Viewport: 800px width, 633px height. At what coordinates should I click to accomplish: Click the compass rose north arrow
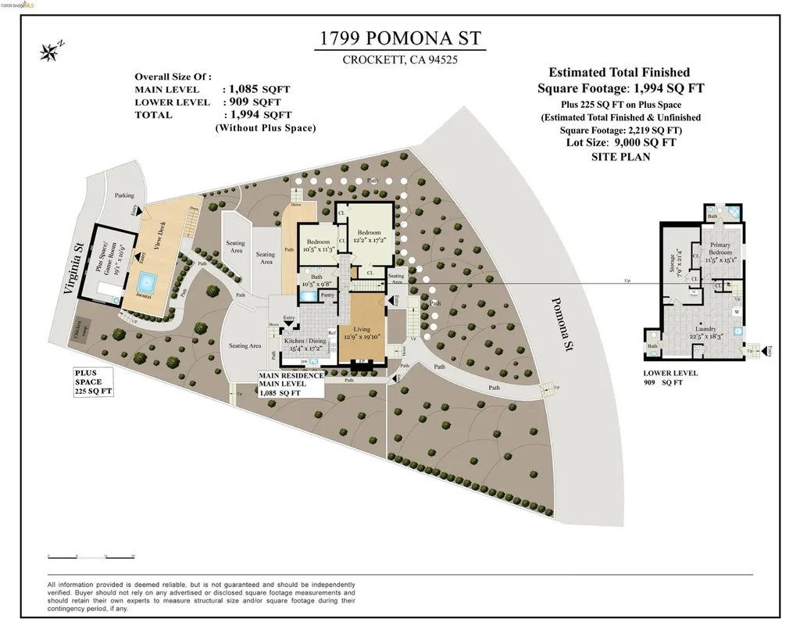(x=51, y=52)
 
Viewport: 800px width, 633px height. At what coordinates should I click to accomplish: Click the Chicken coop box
(x=80, y=328)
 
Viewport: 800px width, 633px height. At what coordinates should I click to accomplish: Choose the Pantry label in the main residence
(x=328, y=295)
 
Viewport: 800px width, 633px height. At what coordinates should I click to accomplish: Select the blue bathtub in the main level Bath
(x=309, y=295)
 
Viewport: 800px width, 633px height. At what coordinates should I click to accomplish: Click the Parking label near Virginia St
(x=124, y=195)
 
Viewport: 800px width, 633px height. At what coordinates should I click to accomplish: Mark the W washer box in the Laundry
(x=736, y=312)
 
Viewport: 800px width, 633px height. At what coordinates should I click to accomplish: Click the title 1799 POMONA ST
(x=399, y=38)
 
